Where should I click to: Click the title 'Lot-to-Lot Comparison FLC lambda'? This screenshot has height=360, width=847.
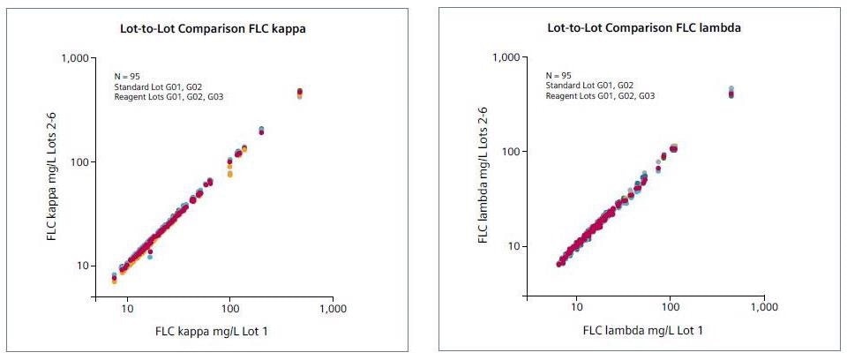click(x=644, y=28)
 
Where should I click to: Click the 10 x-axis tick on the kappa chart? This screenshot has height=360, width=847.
click(x=127, y=311)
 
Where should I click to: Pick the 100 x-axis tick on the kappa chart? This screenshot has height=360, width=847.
click(x=230, y=311)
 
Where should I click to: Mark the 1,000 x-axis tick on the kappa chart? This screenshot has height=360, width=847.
click(x=333, y=311)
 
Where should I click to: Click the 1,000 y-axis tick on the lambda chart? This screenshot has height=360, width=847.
click(x=510, y=58)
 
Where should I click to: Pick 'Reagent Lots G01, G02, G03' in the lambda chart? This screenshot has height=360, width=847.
click(x=601, y=95)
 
